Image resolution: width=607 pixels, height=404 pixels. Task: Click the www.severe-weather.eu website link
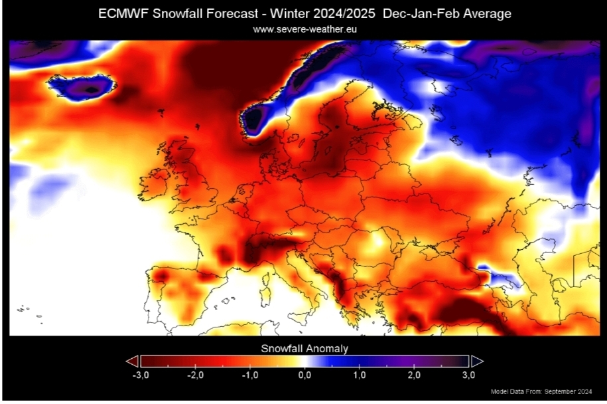point(305,29)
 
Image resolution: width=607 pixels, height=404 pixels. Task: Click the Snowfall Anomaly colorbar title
point(304,348)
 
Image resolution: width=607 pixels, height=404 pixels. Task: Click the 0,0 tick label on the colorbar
point(304,375)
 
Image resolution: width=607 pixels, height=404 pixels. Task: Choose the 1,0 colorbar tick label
point(359,375)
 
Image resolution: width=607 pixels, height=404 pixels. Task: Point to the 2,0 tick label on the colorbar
point(414,375)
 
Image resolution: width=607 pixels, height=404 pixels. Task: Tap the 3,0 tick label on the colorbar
point(468,375)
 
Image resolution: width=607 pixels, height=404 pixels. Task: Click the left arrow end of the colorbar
point(131,361)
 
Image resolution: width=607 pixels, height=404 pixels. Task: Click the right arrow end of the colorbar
point(477,361)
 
